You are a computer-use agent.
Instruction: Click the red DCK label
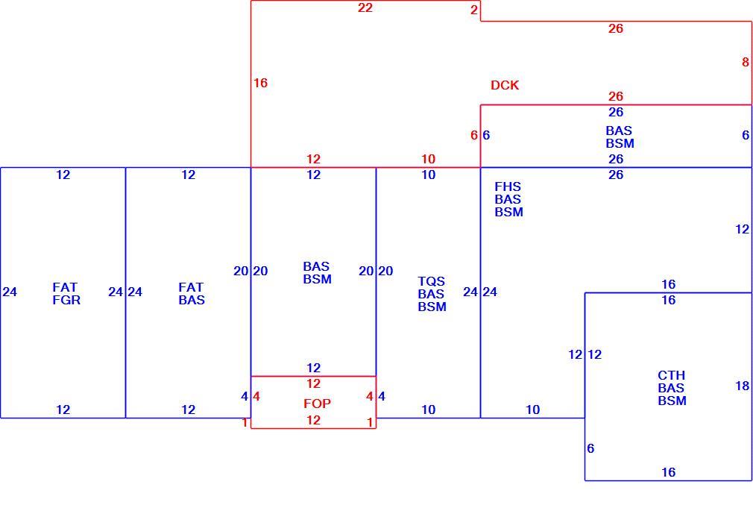pos(505,85)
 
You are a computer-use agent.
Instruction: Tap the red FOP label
pos(317,403)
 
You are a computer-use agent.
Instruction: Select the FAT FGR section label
pos(66,294)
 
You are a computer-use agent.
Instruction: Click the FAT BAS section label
pos(192,294)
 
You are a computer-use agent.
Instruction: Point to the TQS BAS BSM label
pos(432,294)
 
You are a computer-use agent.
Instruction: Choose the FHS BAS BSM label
pos(508,199)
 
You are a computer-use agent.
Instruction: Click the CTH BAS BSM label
pos(672,388)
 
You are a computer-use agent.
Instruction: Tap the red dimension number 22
pos(365,7)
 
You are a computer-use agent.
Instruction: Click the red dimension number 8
pos(746,62)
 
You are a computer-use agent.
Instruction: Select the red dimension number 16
pos(260,83)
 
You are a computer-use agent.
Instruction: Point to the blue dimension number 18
pos(742,386)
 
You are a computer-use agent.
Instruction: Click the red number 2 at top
pos(474,10)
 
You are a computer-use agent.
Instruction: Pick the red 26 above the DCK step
pos(616,28)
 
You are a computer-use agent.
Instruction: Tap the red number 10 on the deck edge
pos(429,159)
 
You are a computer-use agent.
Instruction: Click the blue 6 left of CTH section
pos(590,448)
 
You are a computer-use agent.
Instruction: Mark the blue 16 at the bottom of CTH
pos(669,472)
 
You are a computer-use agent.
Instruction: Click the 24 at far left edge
pos(10,292)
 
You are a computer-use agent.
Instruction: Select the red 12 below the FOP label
pos(314,420)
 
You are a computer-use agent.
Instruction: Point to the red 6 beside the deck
pos(474,135)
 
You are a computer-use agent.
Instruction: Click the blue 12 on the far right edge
pos(742,229)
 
